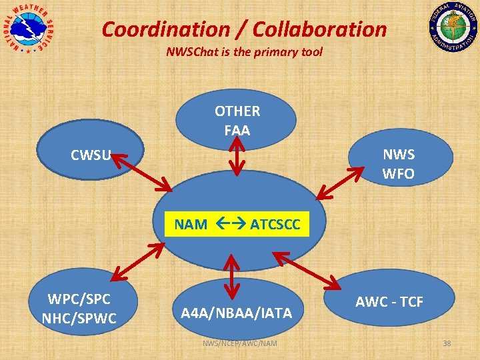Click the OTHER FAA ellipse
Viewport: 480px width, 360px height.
237,120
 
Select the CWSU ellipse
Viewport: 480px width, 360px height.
91,155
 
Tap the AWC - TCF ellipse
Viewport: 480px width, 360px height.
389,302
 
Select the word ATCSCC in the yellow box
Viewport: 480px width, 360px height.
275,225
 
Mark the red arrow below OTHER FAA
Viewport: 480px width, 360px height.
237,157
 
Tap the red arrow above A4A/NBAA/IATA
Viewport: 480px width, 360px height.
231,275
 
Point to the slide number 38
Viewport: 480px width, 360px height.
447,343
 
